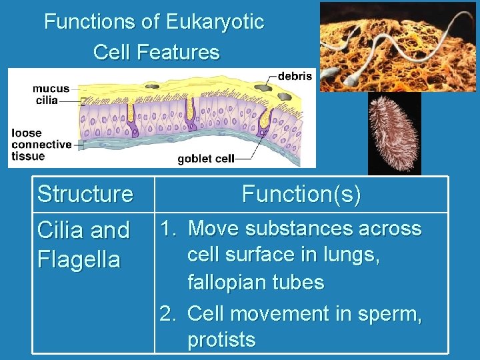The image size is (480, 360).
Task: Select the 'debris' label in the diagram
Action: point(295,76)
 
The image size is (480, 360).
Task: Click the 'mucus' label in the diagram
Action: point(51,89)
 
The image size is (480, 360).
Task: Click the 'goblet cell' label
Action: point(206,159)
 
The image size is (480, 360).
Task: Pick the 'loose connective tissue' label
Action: point(41,145)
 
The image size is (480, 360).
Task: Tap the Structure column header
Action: point(85,195)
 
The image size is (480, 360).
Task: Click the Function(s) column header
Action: point(301,195)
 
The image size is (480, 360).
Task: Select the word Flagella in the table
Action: point(79,259)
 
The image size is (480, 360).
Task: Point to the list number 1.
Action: point(167,229)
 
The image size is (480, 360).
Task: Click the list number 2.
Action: point(167,313)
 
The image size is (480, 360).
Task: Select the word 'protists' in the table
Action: point(221,340)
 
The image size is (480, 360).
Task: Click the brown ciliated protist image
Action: point(394,133)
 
